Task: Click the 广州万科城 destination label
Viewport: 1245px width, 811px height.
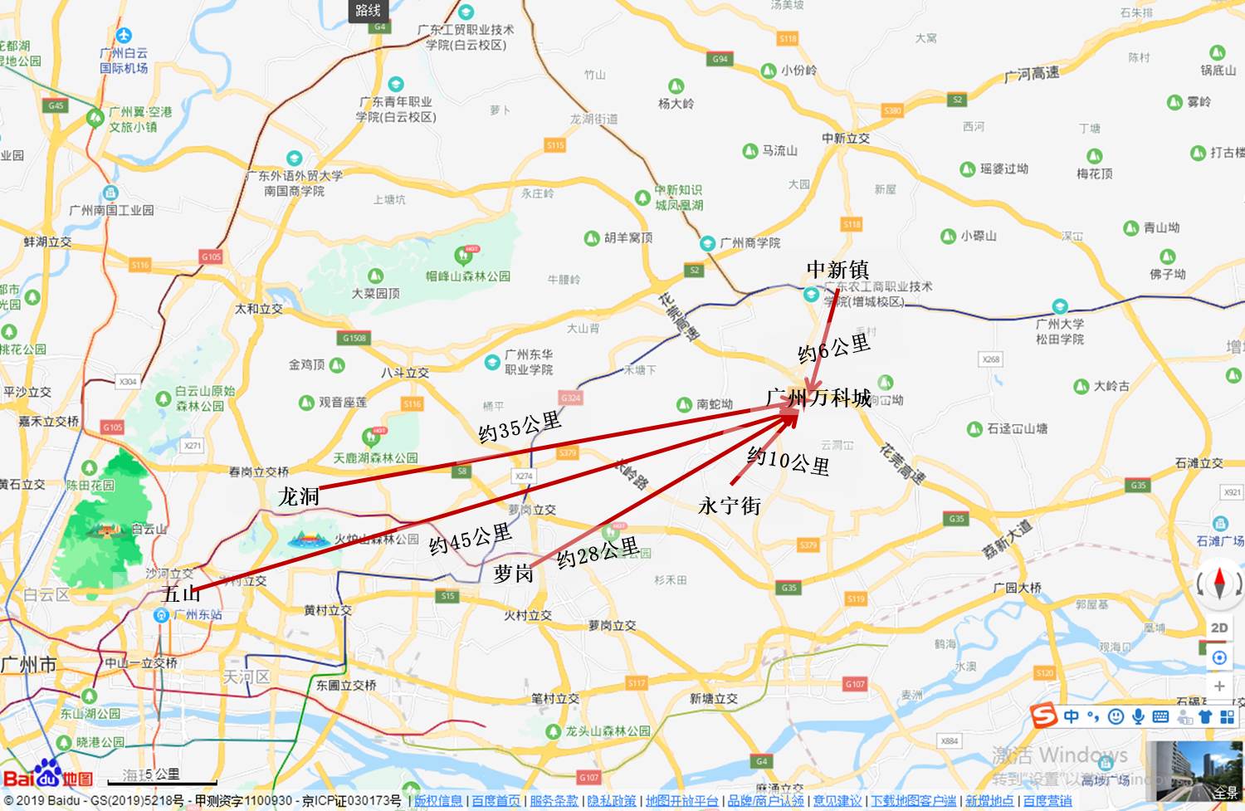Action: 818,398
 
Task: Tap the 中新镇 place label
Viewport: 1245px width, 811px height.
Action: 837,270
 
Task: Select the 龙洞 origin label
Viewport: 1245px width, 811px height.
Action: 299,496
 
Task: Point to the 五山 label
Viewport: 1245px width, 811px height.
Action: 181,594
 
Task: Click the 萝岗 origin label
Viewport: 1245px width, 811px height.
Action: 513,574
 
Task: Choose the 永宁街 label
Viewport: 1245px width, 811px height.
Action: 730,505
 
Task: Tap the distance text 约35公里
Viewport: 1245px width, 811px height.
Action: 520,427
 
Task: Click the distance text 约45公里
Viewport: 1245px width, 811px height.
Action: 470,540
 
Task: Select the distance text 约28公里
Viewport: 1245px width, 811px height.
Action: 598,552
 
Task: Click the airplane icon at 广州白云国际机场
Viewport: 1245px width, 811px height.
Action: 124,36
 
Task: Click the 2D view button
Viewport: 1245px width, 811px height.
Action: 1219,628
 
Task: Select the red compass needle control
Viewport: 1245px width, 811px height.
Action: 1218,582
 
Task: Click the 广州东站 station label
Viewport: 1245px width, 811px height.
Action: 198,615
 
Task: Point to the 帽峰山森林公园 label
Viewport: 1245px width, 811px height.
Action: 467,276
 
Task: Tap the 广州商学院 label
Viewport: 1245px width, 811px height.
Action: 749,243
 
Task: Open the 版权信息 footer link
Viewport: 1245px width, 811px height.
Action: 438,801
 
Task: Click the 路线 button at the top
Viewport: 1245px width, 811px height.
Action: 368,11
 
